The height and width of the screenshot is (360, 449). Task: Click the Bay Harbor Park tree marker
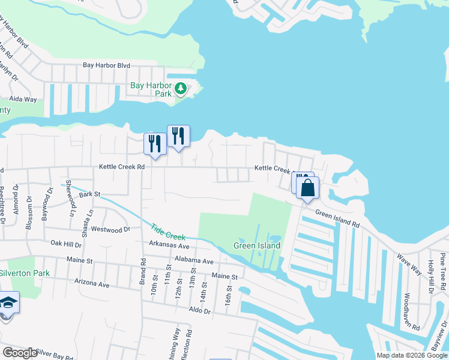pos(181,90)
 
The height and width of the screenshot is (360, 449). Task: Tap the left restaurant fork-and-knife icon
pos(155,144)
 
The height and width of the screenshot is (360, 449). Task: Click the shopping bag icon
pos(307,188)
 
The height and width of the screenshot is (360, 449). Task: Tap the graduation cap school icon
pos(8,303)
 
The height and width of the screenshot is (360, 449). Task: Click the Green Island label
pos(257,246)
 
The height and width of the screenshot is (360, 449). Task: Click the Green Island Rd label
pos(337,220)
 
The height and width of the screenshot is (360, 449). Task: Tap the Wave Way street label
pos(409,263)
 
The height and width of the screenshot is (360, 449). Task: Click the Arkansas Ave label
pos(169,246)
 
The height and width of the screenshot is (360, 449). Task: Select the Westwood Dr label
pos(110,229)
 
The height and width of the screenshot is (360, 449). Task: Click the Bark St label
pos(88,194)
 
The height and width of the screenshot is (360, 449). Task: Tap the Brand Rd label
pos(143,271)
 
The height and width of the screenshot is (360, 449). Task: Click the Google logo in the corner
pos(20,352)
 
